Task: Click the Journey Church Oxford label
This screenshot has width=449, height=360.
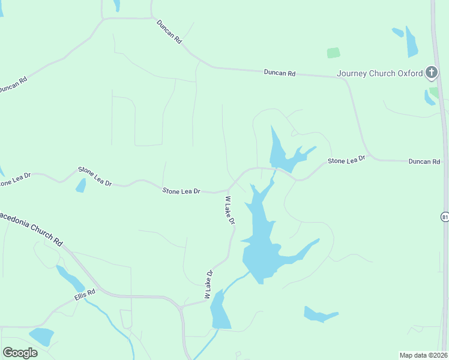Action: (x=380, y=74)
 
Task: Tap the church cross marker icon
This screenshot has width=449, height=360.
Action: (x=431, y=73)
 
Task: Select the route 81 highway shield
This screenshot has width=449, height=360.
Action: (x=444, y=216)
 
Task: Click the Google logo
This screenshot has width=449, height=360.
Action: (x=20, y=352)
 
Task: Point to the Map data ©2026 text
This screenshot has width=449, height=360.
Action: (x=423, y=355)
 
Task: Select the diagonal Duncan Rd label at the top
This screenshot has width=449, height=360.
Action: (x=169, y=31)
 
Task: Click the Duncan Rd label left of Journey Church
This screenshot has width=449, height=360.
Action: (x=280, y=73)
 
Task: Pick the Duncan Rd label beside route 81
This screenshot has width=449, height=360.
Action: (x=424, y=162)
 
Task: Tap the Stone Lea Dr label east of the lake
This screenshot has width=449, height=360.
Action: (x=346, y=160)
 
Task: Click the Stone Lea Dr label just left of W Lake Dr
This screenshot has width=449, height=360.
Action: (x=181, y=191)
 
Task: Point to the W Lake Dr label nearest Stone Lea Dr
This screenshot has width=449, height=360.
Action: (x=230, y=211)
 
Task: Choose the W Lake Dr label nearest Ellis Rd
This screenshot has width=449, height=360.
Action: (x=209, y=284)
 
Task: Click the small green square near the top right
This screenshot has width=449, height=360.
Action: (x=333, y=53)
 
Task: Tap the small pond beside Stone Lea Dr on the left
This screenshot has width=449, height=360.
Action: (x=80, y=185)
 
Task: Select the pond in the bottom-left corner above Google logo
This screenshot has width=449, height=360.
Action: (x=42, y=336)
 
